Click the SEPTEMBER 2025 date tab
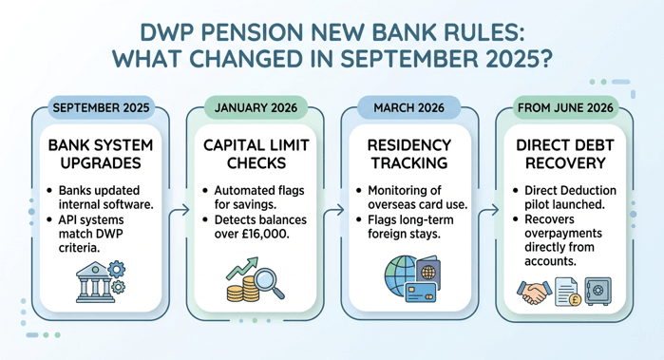[101, 107]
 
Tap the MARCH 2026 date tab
[410, 107]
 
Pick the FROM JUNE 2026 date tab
[565, 107]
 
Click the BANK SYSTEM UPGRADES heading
[101, 155]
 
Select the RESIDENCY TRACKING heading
[410, 155]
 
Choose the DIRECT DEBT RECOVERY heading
[565, 155]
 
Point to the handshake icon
[534, 291]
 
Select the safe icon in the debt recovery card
[597, 291]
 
